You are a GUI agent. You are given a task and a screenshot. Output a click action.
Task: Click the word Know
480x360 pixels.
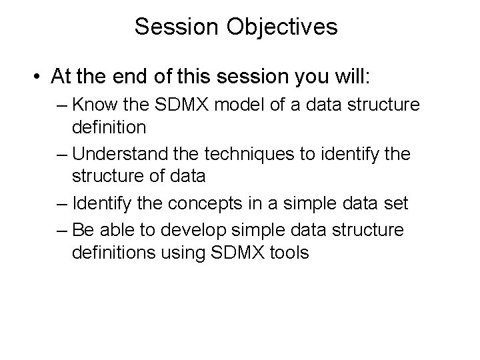point(93,105)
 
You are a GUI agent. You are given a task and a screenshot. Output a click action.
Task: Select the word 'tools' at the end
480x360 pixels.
point(289,253)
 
